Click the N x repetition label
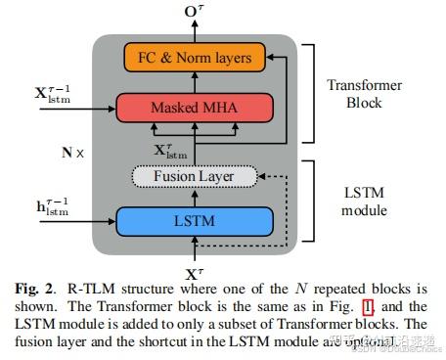pyautogui.click(x=71, y=152)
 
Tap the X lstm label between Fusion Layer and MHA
pyautogui.click(x=170, y=150)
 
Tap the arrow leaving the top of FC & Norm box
pyautogui.click(x=194, y=31)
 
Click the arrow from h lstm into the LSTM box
pyautogui.click(x=96, y=215)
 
